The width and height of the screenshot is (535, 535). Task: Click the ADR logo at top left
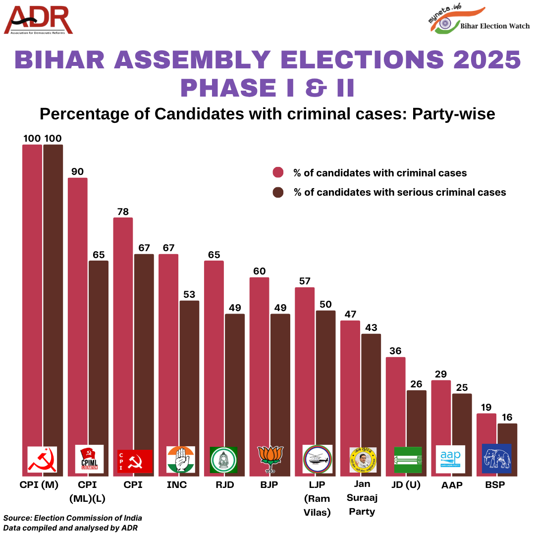point(39,21)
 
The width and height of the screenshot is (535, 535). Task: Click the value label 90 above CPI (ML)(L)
point(77,172)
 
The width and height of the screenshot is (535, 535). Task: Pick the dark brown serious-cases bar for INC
point(189,372)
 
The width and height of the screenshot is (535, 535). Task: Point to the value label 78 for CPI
point(123,212)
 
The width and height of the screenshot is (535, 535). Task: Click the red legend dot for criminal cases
point(278,173)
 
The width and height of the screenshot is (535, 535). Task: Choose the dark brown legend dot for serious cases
point(278,192)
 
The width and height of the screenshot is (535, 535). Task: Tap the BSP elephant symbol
point(496,459)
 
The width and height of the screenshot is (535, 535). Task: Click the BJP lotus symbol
point(269,459)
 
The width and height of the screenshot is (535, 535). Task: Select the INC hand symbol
point(181,459)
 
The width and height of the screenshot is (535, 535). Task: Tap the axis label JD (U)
point(405,485)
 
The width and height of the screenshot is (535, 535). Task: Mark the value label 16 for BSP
point(507,418)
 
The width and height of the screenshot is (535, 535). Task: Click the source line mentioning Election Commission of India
point(73,518)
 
